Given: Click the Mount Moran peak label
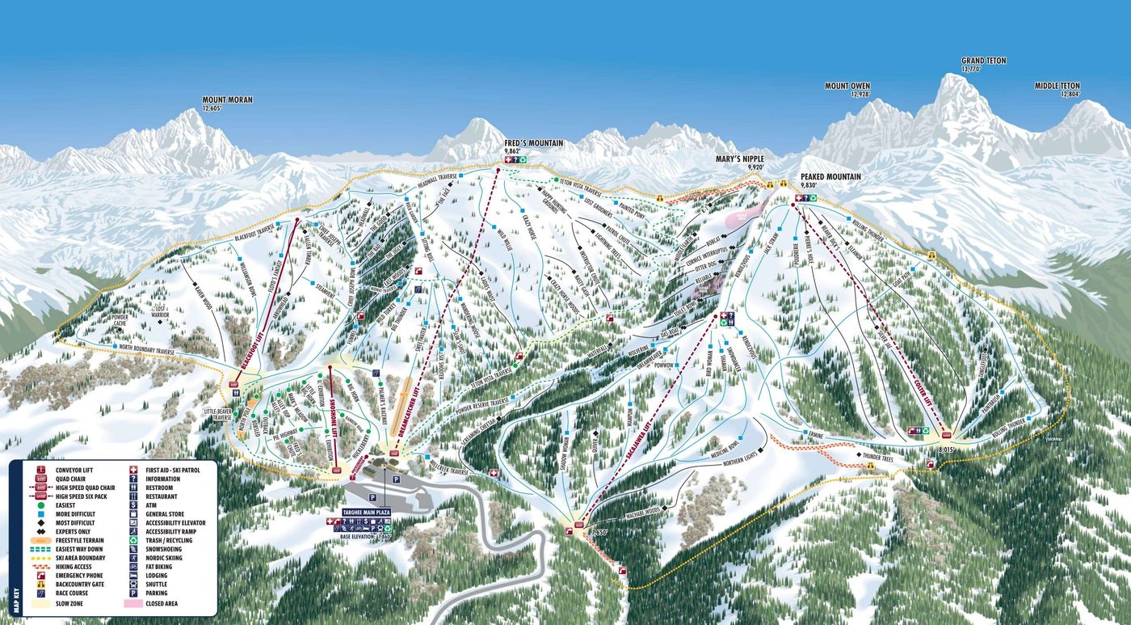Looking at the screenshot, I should (227, 100).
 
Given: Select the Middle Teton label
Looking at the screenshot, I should (1057, 86).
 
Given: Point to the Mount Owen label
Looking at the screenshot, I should (847, 86).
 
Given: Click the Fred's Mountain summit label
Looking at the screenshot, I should (533, 143).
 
